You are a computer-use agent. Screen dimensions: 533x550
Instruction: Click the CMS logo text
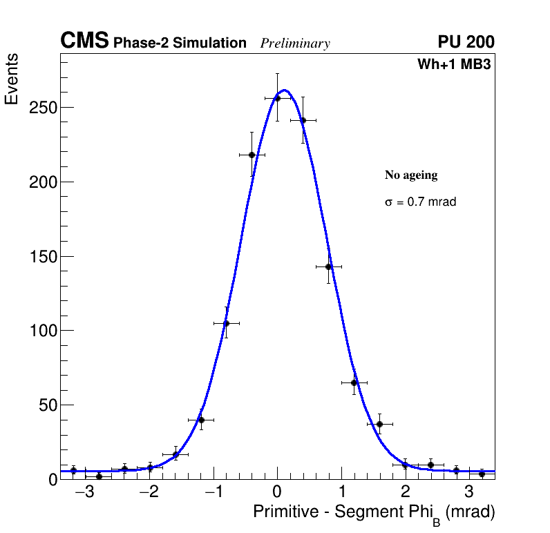[84, 41]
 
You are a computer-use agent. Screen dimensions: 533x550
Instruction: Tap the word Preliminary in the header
[295, 43]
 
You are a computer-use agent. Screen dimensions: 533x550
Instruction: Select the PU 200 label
[466, 42]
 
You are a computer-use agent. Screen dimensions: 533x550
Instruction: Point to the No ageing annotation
[411, 175]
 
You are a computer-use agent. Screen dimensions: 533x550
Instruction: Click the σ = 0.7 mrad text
[420, 202]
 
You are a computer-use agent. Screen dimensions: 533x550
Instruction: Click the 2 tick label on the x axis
[405, 493]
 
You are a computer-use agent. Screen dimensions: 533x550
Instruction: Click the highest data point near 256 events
[277, 98]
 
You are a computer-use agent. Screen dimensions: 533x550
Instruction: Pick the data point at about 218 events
[252, 155]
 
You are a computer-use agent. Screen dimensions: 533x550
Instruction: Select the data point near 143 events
[328, 266]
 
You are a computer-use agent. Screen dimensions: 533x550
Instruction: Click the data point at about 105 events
[226, 323]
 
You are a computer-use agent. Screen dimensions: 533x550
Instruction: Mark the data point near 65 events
[354, 382]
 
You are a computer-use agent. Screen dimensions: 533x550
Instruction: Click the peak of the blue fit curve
[284, 90]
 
